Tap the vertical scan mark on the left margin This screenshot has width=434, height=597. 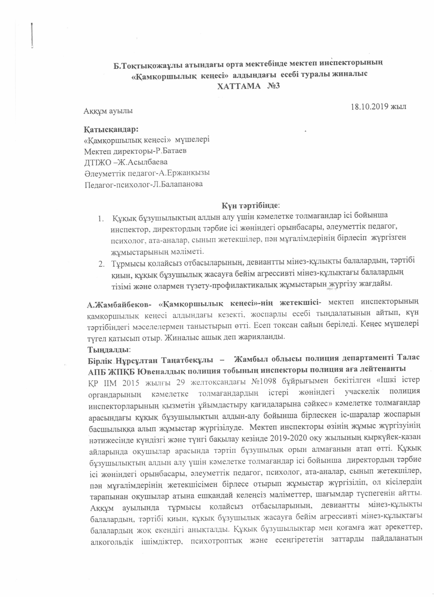pyautogui.click(x=32, y=36)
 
